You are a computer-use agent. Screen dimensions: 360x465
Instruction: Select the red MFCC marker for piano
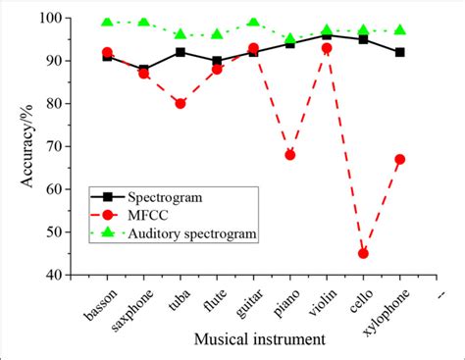coord(290,155)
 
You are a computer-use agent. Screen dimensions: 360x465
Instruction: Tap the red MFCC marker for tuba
coord(181,103)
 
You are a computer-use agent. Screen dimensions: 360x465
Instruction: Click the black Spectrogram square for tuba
coord(181,52)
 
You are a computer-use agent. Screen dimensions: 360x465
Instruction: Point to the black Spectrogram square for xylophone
coord(400,52)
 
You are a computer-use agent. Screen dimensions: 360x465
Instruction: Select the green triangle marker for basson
coord(107,23)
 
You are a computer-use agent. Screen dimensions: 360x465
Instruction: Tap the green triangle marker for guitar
coord(254,23)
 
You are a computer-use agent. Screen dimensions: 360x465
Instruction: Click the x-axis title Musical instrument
coord(261,339)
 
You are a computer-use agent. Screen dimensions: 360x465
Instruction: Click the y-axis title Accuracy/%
coord(28,146)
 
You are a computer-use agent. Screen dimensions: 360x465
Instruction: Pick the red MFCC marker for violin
coord(327,48)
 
